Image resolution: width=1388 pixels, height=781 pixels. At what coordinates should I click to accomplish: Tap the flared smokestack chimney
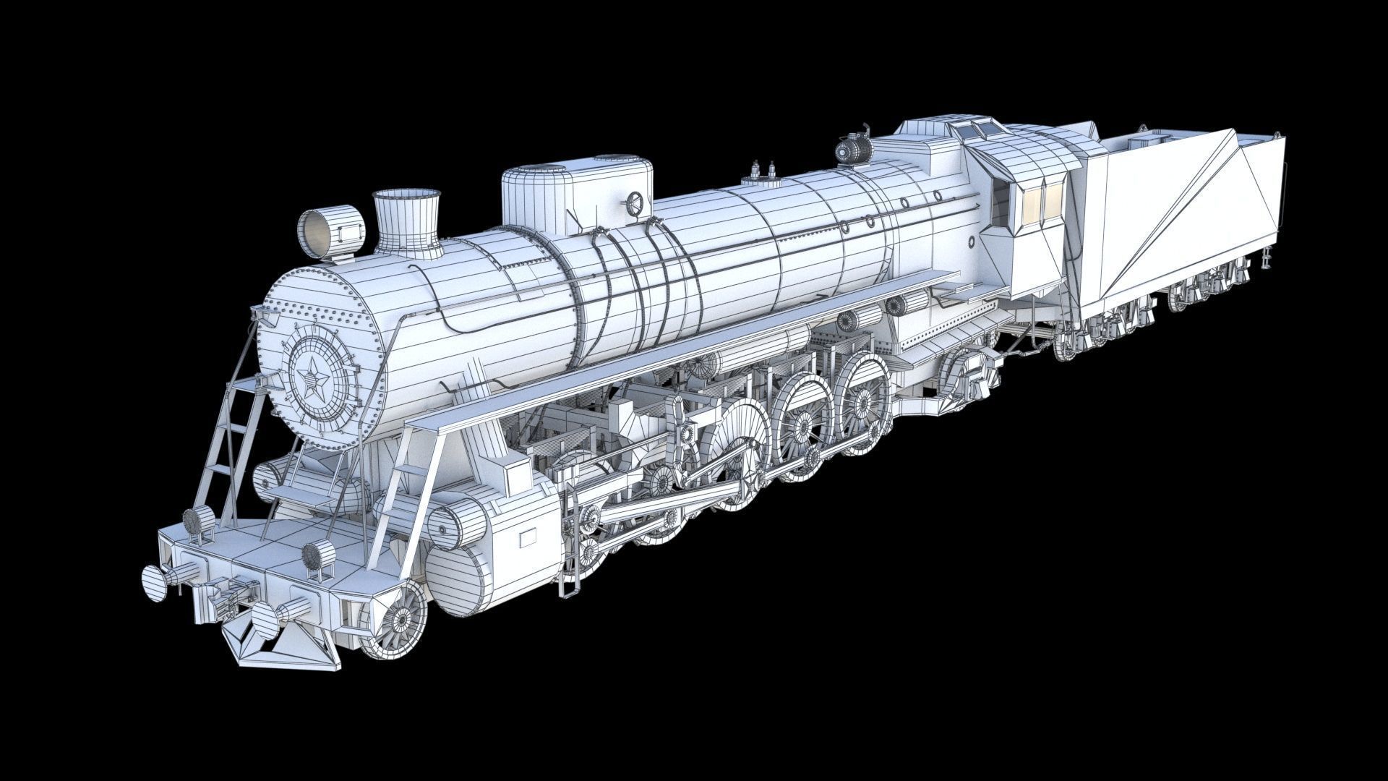[406, 221]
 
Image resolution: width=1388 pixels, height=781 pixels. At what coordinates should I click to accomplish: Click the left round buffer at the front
[155, 583]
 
